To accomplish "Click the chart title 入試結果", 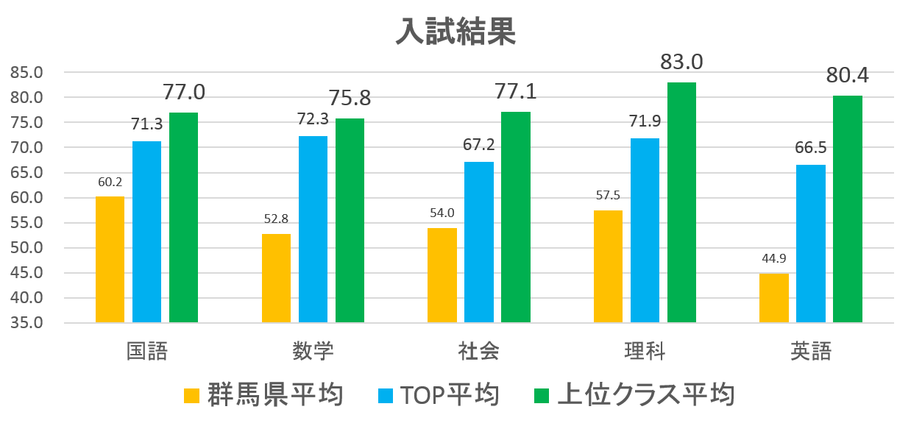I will [x=455, y=31].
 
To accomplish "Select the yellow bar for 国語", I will [x=110, y=260].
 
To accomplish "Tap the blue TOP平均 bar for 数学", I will [x=313, y=230].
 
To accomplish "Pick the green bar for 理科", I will [x=681, y=202].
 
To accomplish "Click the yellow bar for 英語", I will [x=773, y=298].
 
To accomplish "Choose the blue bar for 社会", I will [x=479, y=242].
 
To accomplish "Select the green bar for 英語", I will [x=848, y=209].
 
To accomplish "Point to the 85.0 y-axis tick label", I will [x=27, y=72].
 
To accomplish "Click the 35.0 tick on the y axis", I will [x=27, y=323].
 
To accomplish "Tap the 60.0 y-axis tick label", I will [x=27, y=198].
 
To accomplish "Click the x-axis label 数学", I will [x=313, y=352].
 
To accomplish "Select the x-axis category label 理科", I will [x=645, y=352].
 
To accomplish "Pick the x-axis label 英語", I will [x=811, y=352].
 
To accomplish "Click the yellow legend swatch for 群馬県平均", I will [x=191, y=395].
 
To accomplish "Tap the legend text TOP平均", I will [x=450, y=395].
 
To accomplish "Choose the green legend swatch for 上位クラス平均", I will [x=541, y=395].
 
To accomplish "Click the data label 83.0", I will [x=681, y=62].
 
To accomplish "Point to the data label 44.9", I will [x=773, y=258].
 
